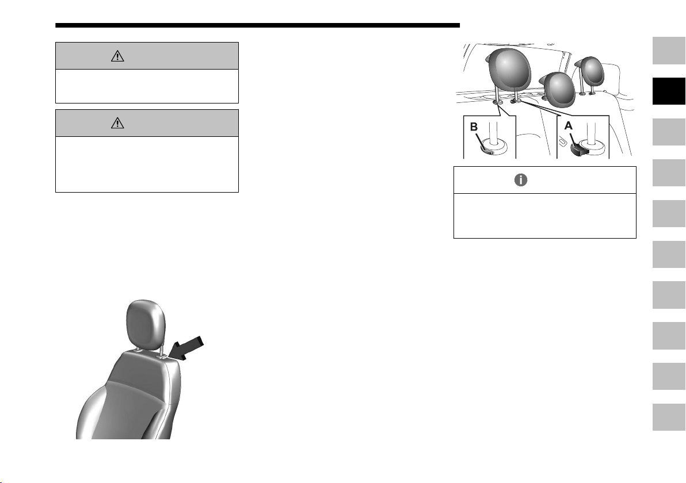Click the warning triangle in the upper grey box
(x=117, y=56)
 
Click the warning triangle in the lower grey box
(x=117, y=123)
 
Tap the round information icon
(x=521, y=180)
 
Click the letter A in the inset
(x=569, y=126)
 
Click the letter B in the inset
(x=474, y=126)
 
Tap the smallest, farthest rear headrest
(x=592, y=71)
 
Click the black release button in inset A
(x=580, y=150)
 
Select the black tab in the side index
(x=669, y=91)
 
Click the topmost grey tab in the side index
(x=669, y=51)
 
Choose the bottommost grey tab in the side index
(x=669, y=417)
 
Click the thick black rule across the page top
(x=258, y=25)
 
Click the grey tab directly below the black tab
(x=669, y=132)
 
